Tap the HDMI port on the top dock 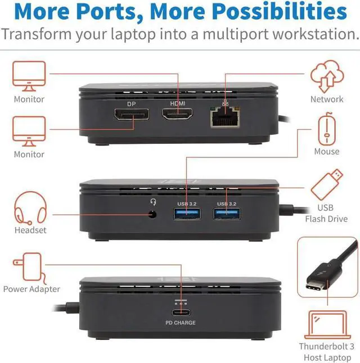177,115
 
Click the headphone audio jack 151,214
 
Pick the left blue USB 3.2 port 186,214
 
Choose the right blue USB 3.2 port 227,214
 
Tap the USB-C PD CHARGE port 181,312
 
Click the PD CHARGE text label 181,323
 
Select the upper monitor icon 29,76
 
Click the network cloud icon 327,77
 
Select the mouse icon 327,130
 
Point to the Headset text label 31,230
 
